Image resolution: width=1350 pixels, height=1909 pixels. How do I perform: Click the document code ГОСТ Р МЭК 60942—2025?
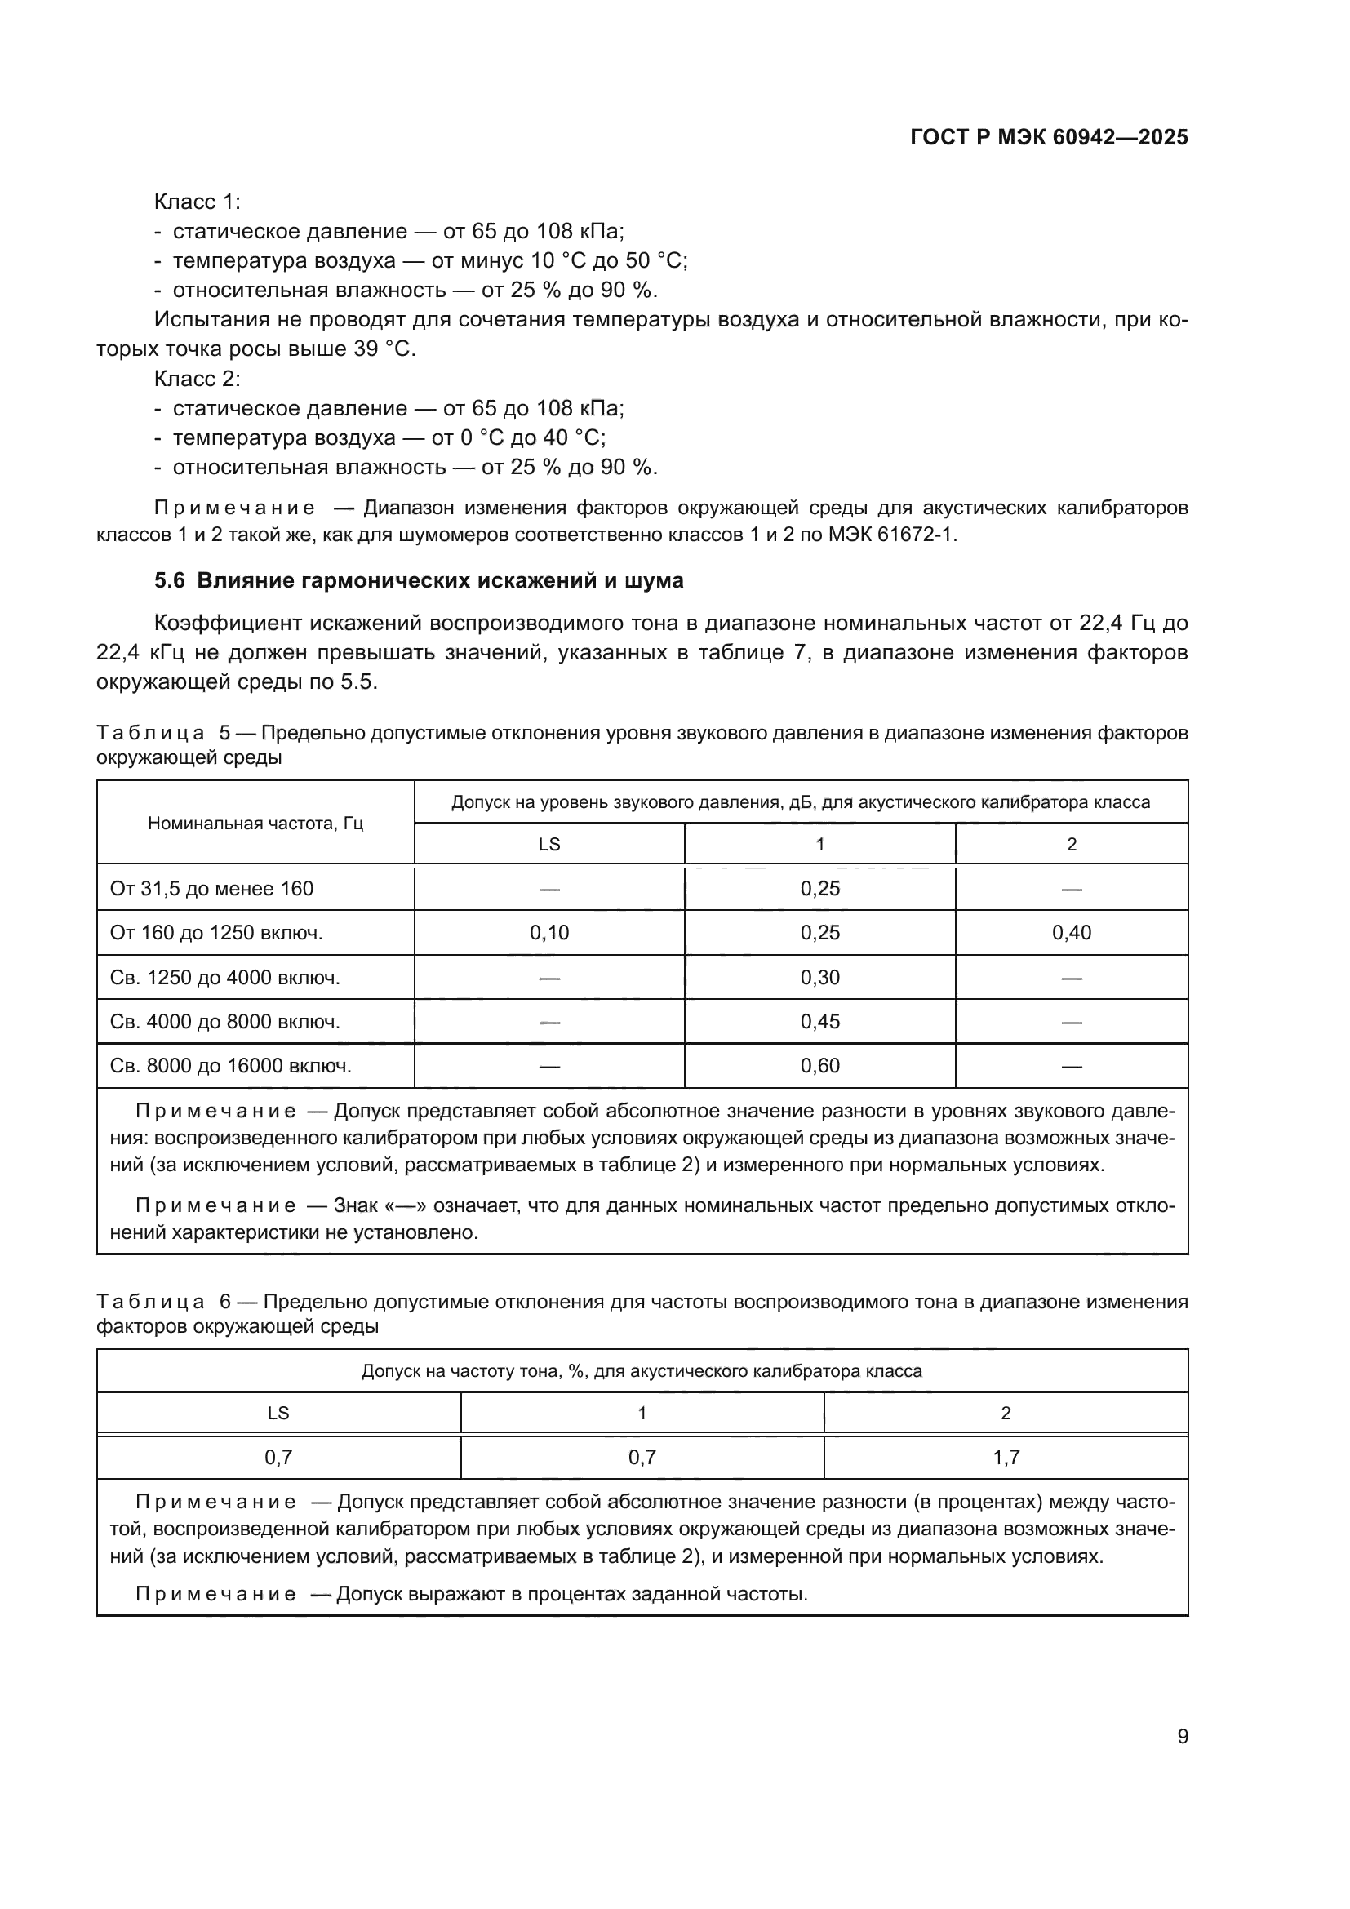point(1048,138)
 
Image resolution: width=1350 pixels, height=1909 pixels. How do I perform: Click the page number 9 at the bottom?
point(1182,1736)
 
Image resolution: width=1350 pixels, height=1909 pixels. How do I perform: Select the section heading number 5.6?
point(170,580)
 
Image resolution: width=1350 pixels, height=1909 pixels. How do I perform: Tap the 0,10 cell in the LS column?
point(549,933)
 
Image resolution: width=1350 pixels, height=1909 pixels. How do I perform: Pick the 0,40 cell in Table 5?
point(1071,933)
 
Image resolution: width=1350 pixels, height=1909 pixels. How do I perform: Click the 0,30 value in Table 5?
point(819,977)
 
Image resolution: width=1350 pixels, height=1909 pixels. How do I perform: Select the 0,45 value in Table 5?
point(819,1021)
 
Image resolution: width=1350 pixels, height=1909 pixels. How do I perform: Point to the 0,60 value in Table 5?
point(819,1065)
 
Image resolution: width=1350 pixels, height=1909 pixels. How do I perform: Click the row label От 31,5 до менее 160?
point(212,889)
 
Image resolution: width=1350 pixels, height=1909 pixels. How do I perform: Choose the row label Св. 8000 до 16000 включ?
point(231,1065)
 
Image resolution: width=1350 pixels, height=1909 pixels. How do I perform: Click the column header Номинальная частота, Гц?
point(255,824)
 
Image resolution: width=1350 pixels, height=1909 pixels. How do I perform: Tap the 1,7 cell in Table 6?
point(1005,1457)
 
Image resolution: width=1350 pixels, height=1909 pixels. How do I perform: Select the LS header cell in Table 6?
point(278,1413)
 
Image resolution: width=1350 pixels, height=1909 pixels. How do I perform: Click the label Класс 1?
point(197,202)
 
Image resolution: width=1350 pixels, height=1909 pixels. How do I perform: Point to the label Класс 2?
point(197,380)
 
